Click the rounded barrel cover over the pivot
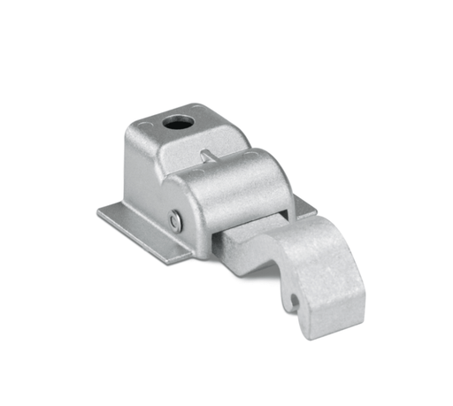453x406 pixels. click(x=234, y=181)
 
